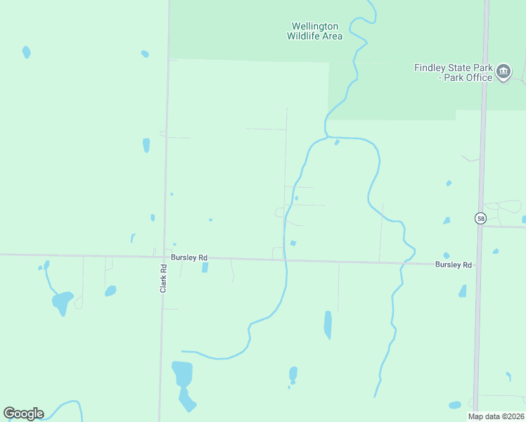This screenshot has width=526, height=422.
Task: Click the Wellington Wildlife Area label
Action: click(x=315, y=32)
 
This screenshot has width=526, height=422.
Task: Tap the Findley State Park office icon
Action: click(x=503, y=72)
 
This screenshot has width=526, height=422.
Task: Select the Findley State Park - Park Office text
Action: click(x=453, y=72)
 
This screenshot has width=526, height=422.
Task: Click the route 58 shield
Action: click(x=480, y=219)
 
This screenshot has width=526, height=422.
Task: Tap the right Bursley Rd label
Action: click(x=453, y=264)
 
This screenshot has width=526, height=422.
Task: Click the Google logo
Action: click(x=23, y=414)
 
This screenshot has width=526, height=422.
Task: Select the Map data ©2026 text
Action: click(x=496, y=416)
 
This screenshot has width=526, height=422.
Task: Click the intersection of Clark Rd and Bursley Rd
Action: click(x=164, y=256)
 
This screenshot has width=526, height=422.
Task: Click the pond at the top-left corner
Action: click(x=26, y=52)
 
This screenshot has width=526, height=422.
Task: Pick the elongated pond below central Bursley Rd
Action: click(x=328, y=324)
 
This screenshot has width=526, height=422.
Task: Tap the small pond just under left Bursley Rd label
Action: click(x=205, y=267)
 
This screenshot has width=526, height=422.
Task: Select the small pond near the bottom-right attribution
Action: click(x=455, y=405)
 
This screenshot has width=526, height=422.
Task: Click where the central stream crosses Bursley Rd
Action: click(x=285, y=260)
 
